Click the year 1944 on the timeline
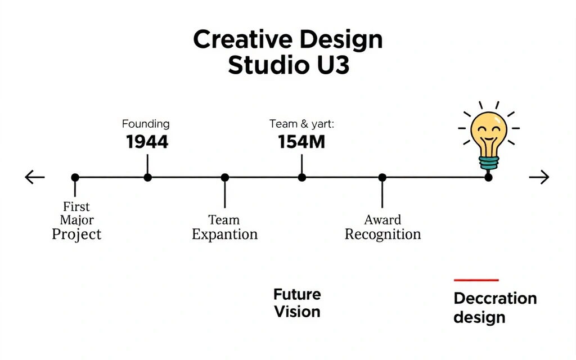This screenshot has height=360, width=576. point(147,142)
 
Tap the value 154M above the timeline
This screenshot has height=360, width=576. point(301,142)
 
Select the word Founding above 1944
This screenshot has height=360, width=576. point(146,124)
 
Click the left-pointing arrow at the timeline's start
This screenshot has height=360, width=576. point(34,178)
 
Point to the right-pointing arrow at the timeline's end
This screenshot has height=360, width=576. point(539,178)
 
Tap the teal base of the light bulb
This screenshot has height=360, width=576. point(488,163)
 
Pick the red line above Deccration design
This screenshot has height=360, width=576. point(476,280)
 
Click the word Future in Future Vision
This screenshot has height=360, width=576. point(297,294)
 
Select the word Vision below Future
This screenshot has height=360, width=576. point(297,312)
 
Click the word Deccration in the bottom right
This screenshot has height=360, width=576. point(495,298)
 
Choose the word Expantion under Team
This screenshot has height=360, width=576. point(224,235)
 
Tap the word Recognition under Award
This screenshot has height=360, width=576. point(382,235)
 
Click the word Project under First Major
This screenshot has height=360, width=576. point(76,235)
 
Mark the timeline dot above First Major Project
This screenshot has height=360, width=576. point(75,178)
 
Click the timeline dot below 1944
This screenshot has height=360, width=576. point(147,178)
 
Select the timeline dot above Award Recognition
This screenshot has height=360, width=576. point(382,178)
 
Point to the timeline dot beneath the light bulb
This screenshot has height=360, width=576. point(488,178)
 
